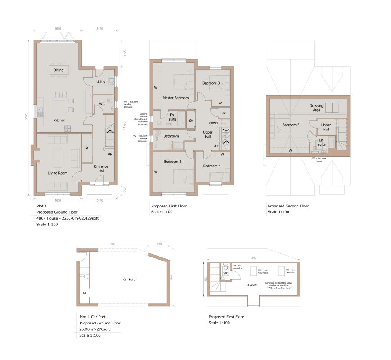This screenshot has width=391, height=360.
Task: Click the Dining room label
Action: pyautogui.click(x=58, y=70)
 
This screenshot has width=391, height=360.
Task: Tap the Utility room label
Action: pyautogui.click(x=101, y=82)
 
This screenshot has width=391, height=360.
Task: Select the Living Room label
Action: pyautogui.click(x=58, y=173)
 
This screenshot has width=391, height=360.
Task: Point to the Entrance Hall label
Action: pyautogui.click(x=101, y=169)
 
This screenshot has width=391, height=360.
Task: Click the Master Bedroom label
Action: pyautogui.click(x=175, y=98)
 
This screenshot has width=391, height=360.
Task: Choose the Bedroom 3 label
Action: pyautogui.click(x=211, y=83)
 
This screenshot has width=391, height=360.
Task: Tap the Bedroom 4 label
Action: pyautogui.click(x=211, y=166)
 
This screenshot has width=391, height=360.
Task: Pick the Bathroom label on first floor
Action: pyautogui.click(x=171, y=136)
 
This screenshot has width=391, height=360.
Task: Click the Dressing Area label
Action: pyautogui.click(x=316, y=108)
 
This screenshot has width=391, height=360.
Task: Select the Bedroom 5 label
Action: pyautogui.click(x=290, y=125)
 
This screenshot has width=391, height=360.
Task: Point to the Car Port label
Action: pyautogui.click(x=129, y=279)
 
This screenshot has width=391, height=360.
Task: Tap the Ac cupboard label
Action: pyautogui.click(x=224, y=112)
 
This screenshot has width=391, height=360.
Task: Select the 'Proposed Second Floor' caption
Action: pyautogui.click(x=288, y=206)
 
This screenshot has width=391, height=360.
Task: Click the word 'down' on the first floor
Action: pyautogui.click(x=213, y=123)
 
